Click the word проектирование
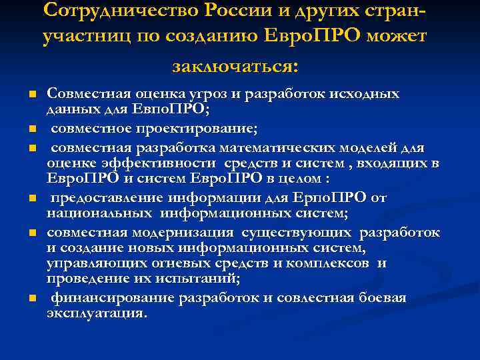click(171, 128)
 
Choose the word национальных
click(90, 214)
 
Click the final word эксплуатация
click(96, 313)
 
